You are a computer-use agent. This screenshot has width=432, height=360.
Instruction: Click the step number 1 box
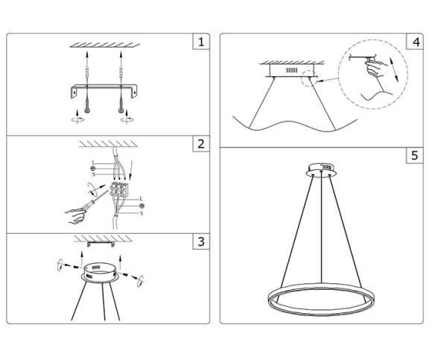click(x=200, y=42)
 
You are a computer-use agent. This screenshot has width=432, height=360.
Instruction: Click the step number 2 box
click(x=200, y=144)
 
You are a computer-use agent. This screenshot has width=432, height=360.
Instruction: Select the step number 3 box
click(x=200, y=242)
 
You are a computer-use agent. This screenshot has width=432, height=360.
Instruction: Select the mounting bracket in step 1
click(x=105, y=89)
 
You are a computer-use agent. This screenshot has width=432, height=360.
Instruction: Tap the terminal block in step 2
click(x=117, y=190)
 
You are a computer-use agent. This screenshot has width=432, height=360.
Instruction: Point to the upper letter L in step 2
click(x=92, y=162)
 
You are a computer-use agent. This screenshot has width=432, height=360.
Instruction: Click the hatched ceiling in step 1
click(x=104, y=47)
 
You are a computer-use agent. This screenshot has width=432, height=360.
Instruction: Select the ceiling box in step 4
click(x=293, y=69)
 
